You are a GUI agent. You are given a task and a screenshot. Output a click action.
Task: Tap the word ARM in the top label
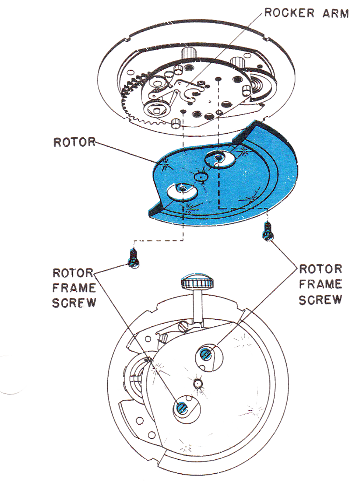336,13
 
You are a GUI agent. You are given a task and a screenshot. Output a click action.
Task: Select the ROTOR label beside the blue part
74,142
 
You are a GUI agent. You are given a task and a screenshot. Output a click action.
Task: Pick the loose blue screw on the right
268,232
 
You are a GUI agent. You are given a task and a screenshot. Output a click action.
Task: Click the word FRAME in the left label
74,288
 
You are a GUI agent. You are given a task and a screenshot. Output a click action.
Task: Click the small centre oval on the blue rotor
201,176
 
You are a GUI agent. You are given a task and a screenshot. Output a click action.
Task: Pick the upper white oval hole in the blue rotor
220,159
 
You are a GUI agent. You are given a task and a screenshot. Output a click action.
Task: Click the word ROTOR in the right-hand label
321,269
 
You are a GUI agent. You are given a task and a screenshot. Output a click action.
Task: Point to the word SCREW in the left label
74,303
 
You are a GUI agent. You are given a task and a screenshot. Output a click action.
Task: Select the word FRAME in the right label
321,284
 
